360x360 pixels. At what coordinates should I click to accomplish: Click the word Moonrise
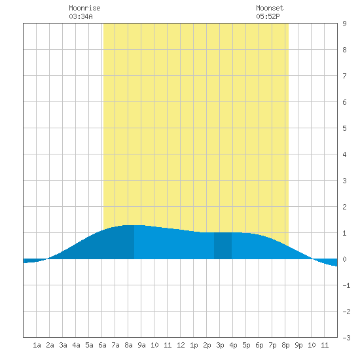tap(84, 8)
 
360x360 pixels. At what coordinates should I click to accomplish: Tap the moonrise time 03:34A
tap(81, 16)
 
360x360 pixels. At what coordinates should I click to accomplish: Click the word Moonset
tap(270, 8)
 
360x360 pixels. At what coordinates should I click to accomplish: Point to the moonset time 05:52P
tap(268, 16)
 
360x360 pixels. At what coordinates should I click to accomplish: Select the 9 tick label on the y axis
tap(344, 24)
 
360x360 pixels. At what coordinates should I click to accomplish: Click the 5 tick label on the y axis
tap(344, 128)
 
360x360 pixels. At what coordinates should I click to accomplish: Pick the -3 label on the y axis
tap(346, 338)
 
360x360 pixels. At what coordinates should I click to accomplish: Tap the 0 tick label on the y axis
tap(344, 259)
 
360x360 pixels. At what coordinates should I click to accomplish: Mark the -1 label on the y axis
tap(346, 285)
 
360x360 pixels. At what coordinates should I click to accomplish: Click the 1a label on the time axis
tap(37, 345)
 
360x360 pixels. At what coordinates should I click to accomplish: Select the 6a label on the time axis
tap(102, 345)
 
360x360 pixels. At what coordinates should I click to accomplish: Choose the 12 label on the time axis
tap(181, 345)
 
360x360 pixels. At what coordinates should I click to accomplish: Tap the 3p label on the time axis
tap(220, 345)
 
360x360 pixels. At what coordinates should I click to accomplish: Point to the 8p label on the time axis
tap(285, 345)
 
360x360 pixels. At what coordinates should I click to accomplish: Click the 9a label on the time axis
tap(141, 345)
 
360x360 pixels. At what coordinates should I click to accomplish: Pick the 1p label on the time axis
tap(194, 345)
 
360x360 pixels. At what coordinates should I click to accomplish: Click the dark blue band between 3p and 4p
tap(223, 245)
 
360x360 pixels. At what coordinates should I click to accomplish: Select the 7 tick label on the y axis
tap(344, 76)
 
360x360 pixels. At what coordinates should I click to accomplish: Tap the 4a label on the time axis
tap(76, 345)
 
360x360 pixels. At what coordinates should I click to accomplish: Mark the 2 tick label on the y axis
tap(344, 207)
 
